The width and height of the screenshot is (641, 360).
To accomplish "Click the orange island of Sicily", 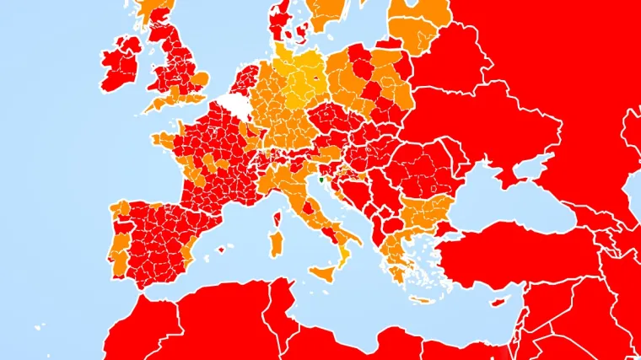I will coord(324,271).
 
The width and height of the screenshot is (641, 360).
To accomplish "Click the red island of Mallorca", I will coord(223,248).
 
